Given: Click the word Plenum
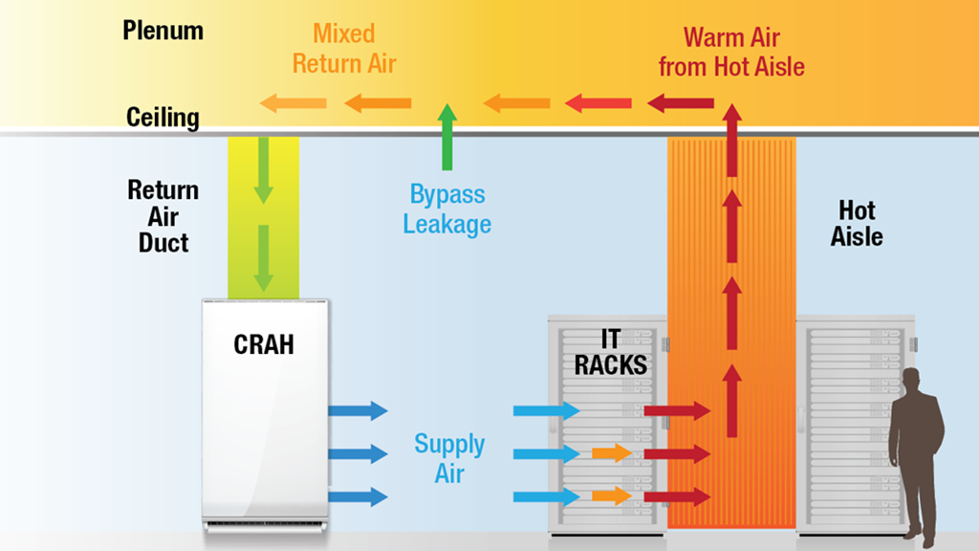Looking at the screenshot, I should click(x=163, y=31).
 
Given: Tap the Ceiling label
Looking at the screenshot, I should click(x=163, y=118).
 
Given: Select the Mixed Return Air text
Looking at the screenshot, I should click(x=343, y=51).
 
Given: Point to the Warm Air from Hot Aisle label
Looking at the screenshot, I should click(x=744, y=53).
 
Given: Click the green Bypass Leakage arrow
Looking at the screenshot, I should click(x=446, y=138).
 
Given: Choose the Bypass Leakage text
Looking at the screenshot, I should click(x=446, y=209).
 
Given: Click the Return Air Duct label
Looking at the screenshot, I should click(x=163, y=216).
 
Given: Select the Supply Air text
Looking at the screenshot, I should click(x=449, y=457).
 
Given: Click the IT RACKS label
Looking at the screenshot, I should click(x=610, y=352).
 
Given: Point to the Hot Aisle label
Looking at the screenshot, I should click(x=857, y=223).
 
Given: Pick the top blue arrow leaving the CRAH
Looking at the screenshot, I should click(x=358, y=410).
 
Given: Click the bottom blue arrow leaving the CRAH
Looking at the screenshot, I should click(x=358, y=496).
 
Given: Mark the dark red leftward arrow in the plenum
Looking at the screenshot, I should click(x=681, y=102).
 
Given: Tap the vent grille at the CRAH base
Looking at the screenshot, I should click(x=265, y=524).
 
